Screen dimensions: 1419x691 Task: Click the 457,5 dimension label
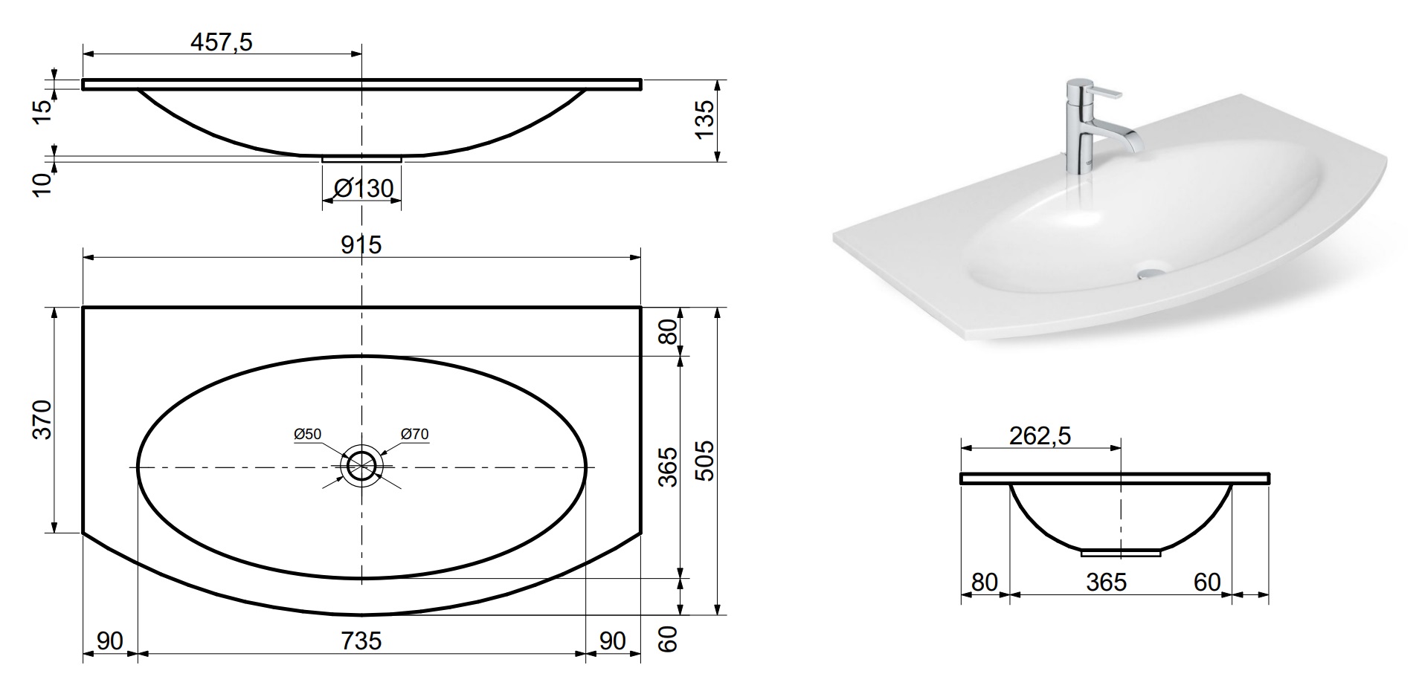point(222,42)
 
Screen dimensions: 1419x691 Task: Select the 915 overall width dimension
point(361,244)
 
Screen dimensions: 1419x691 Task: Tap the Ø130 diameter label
point(363,189)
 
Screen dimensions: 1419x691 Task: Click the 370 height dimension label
point(42,420)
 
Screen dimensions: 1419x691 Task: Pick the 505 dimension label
point(704,461)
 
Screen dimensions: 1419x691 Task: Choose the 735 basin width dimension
point(361,640)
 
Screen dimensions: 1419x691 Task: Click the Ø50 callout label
point(307,434)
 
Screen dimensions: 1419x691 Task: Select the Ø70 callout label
point(414,434)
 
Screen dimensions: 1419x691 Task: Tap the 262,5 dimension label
point(1040,436)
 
